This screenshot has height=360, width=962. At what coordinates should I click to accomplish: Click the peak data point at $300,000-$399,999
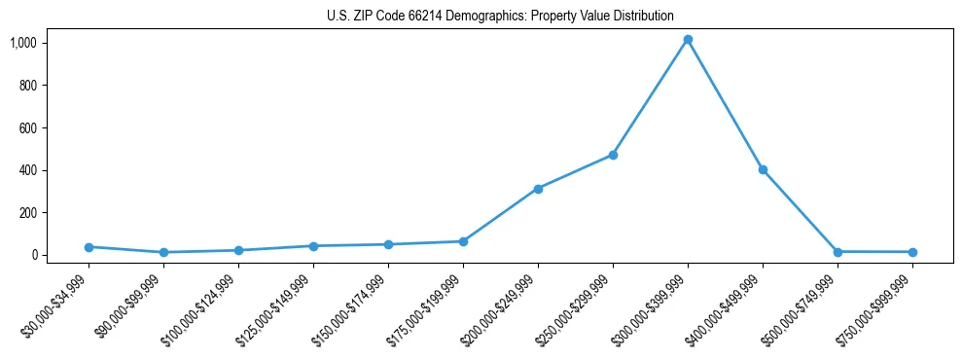[x=688, y=40]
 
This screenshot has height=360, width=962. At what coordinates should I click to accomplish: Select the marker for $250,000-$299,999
[x=613, y=155]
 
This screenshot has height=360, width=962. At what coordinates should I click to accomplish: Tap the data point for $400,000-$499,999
[x=763, y=169]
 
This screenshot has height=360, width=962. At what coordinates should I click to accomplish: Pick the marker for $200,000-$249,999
[x=538, y=189]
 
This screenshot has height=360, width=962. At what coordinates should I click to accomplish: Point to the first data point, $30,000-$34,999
[x=89, y=247]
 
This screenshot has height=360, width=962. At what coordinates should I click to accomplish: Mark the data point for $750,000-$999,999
[x=912, y=252]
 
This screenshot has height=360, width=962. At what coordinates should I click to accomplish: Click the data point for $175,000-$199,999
[x=463, y=241]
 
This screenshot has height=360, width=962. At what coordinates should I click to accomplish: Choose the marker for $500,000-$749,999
[x=837, y=252]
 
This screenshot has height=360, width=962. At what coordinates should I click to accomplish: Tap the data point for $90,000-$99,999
[x=163, y=252]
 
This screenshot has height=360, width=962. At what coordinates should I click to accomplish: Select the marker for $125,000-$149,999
[x=313, y=246]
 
